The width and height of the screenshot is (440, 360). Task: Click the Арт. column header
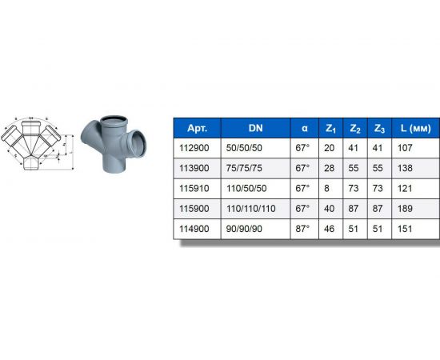click(x=197, y=128)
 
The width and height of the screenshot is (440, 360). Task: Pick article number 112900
click(x=197, y=147)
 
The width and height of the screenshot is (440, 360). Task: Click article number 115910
click(x=197, y=189)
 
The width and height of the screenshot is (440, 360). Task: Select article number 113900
click(x=197, y=168)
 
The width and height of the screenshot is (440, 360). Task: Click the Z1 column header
click(x=331, y=128)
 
